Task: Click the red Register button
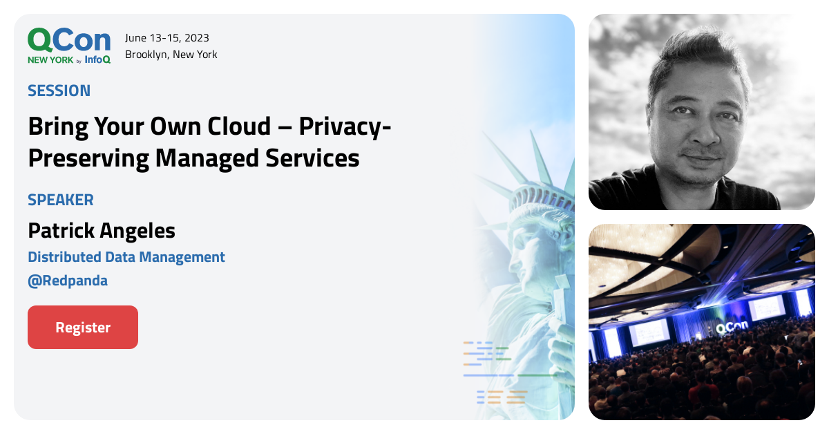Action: click(83, 327)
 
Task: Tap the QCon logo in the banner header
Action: click(68, 41)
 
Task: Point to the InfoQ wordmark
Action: click(97, 59)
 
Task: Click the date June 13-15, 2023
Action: click(167, 37)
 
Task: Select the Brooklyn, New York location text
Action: click(171, 54)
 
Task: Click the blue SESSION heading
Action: click(59, 91)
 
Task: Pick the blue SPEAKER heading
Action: click(61, 200)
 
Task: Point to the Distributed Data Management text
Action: click(126, 257)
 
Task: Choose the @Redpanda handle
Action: click(68, 281)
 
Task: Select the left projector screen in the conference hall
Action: click(649, 332)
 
